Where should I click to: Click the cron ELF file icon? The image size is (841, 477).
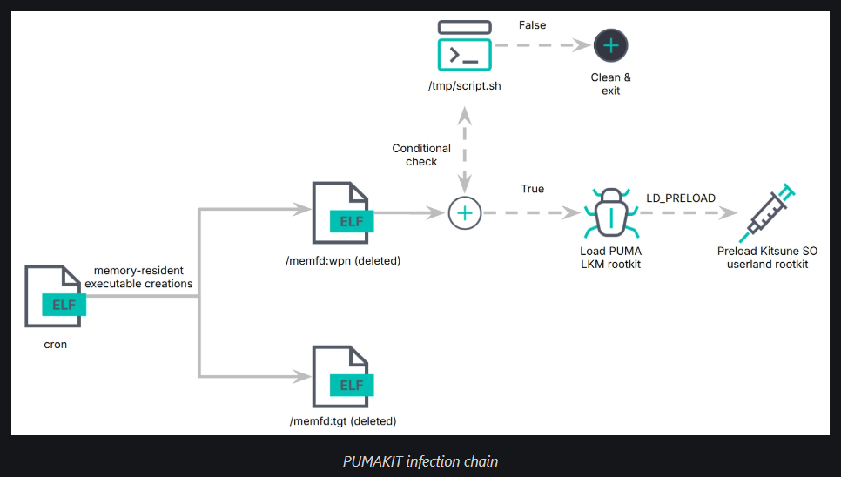pyautogui.click(x=55, y=299)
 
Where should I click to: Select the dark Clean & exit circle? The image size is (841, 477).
pyautogui.click(x=610, y=45)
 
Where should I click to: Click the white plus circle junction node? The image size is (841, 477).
pyautogui.click(x=464, y=212)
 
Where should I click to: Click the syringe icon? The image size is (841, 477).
pyautogui.click(x=767, y=212)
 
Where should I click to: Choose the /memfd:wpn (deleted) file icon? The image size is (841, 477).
pyautogui.click(x=342, y=215)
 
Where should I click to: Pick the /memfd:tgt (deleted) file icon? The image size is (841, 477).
pyautogui.click(x=342, y=379)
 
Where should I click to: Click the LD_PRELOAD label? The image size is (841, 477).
pyautogui.click(x=680, y=198)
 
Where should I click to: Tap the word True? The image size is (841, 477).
pyautogui.click(x=532, y=189)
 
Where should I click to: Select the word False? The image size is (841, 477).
pyautogui.click(x=532, y=25)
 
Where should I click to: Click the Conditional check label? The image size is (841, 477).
pyautogui.click(x=421, y=155)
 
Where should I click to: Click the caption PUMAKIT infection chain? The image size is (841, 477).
pyautogui.click(x=420, y=461)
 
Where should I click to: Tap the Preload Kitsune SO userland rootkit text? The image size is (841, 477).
pyautogui.click(x=767, y=258)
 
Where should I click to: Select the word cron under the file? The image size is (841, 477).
pyautogui.click(x=55, y=345)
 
